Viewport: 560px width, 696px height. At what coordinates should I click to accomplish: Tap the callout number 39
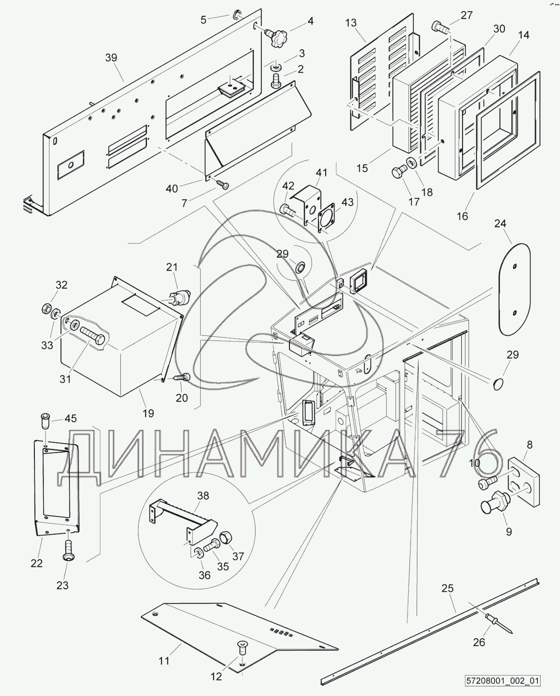click(x=112, y=57)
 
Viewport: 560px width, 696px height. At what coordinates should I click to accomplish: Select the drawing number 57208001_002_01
click(x=504, y=681)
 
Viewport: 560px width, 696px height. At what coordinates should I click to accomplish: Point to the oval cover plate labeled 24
click(x=515, y=289)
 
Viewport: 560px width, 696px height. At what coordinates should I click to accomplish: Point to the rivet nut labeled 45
click(x=45, y=421)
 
